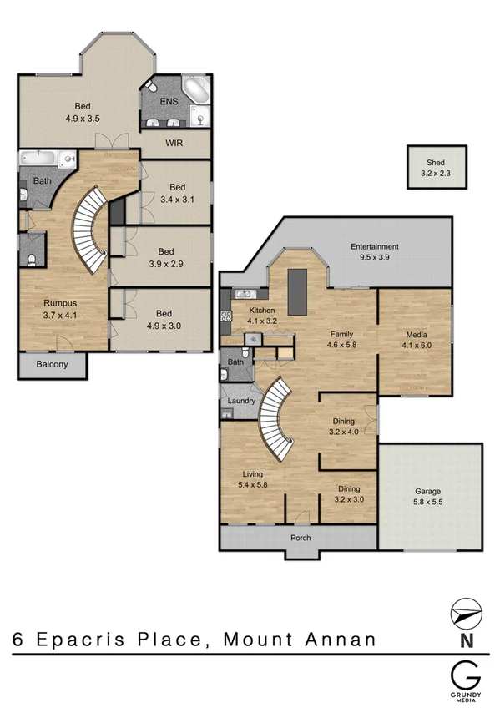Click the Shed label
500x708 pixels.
point(435,162)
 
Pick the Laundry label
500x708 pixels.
point(241,401)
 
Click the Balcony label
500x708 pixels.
point(52,365)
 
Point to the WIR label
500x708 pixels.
point(174,144)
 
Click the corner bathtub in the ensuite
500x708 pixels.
point(197,89)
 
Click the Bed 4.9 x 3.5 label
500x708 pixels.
point(82,112)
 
